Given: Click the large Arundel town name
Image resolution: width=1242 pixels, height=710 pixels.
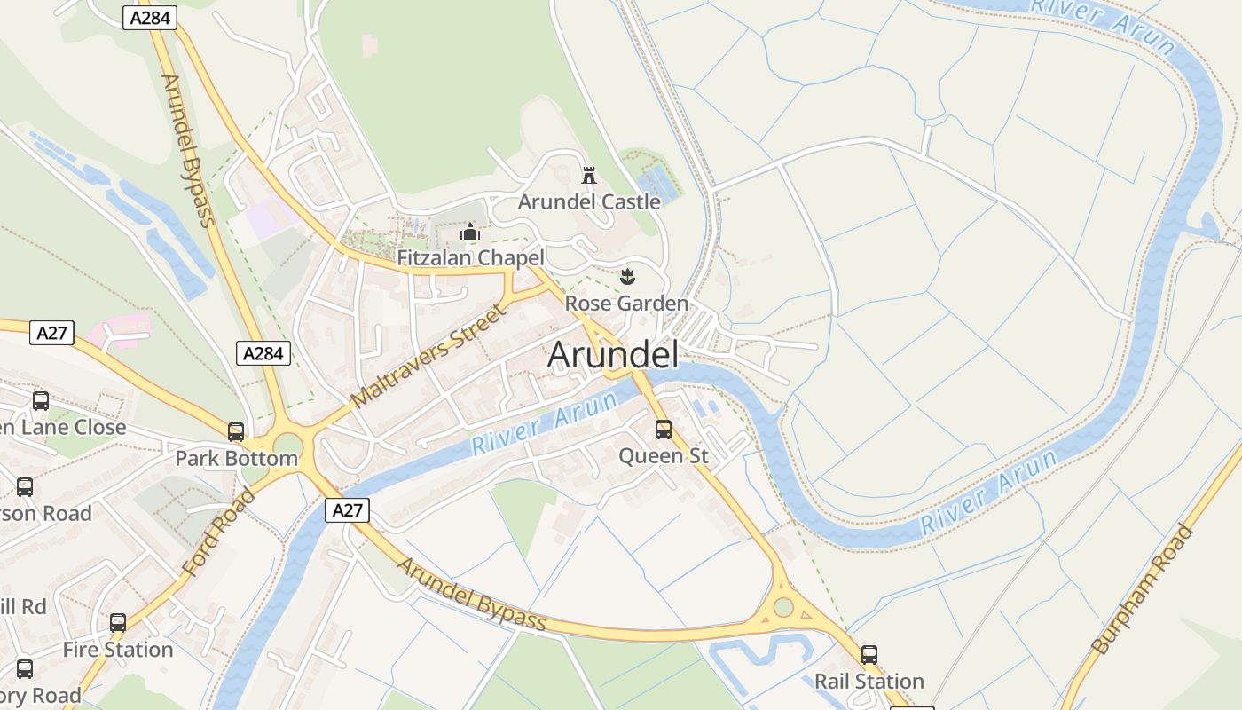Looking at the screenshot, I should point(613,355).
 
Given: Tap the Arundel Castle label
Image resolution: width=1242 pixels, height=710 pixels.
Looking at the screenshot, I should point(589,201).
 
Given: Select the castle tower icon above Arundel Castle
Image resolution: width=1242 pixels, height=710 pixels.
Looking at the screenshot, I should point(589,175).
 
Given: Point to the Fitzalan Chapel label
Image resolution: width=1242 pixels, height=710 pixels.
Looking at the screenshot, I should point(470,258).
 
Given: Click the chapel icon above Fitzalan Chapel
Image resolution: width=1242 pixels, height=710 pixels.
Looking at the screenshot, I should point(470,233).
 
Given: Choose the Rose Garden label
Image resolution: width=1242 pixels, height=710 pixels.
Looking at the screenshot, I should point(626,304).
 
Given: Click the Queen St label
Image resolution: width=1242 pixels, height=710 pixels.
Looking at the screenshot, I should point(664,456).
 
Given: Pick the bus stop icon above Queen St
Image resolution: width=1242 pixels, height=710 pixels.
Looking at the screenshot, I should point(664,430).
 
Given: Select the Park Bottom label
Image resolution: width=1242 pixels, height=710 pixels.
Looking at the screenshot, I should point(236,459).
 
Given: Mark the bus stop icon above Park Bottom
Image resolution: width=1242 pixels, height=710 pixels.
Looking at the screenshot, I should point(236,432).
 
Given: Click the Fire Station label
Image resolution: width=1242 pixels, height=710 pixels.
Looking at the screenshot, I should point(118,650).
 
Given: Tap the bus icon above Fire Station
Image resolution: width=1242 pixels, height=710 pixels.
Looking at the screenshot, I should point(118,623).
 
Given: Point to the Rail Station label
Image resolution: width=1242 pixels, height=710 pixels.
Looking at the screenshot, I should point(869,682).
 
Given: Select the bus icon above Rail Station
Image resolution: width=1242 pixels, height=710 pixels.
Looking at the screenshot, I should point(869,655).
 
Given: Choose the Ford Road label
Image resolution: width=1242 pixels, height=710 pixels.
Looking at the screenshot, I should point(218,532).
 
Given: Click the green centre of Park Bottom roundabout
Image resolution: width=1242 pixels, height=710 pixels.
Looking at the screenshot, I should point(287,445).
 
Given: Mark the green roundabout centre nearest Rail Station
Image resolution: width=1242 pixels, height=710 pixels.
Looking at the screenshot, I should point(783,607).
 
